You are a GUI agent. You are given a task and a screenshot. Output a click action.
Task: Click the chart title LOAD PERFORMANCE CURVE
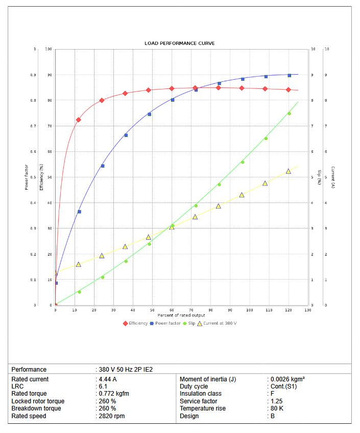[x=179, y=43]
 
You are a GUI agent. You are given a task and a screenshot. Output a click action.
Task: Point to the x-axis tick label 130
[x=307, y=310]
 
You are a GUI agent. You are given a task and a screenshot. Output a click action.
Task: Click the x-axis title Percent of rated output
[x=181, y=315]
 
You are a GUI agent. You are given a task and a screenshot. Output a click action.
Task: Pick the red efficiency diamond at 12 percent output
[x=79, y=120]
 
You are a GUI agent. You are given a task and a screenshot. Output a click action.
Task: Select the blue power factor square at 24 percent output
[x=103, y=166]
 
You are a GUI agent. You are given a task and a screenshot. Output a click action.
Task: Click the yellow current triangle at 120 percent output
[x=289, y=171]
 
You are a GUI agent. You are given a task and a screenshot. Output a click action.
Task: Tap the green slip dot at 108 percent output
[x=266, y=139]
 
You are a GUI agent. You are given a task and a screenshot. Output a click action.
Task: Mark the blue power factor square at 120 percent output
[x=290, y=75]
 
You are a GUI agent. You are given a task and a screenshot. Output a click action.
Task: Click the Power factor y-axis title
[x=27, y=177]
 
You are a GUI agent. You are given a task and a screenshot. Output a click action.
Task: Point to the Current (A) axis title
[x=332, y=177]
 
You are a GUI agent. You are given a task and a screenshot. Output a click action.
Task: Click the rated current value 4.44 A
[x=108, y=379]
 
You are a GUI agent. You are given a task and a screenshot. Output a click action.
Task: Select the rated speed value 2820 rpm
[x=111, y=416]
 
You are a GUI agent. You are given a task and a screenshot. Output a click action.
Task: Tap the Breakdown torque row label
[x=36, y=408]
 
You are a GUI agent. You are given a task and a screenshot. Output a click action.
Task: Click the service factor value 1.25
[x=276, y=401]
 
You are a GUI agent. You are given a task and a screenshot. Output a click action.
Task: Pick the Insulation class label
[x=200, y=394]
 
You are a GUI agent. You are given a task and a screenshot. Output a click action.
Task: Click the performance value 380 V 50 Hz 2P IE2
[x=126, y=369]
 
